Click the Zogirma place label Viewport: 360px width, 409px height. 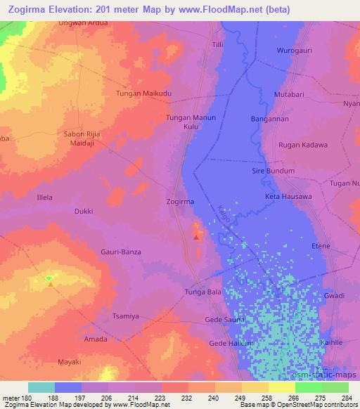coord(181,202)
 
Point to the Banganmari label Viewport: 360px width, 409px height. coord(270,119)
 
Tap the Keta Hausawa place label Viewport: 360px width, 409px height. coord(288,196)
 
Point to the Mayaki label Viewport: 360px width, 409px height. coord(69,362)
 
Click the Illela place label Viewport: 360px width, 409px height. coord(44,197)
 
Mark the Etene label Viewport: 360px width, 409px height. coord(321,246)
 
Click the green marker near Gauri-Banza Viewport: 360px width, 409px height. coord(49,279)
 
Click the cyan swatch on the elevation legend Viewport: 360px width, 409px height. coord(41,387)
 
